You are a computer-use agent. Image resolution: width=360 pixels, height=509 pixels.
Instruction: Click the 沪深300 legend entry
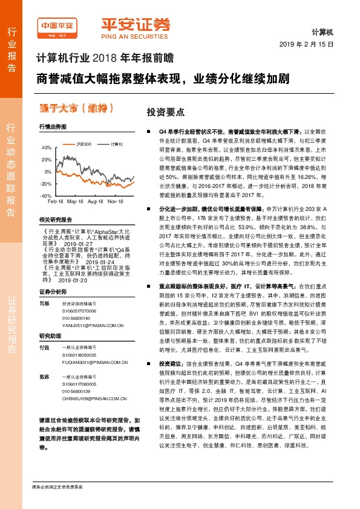tap(83, 144)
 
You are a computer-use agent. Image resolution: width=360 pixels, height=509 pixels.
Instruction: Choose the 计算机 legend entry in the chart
tap(117, 144)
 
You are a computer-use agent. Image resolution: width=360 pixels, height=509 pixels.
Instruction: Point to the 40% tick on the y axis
tap(45, 148)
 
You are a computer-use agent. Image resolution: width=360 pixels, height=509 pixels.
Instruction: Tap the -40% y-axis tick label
tap(45, 196)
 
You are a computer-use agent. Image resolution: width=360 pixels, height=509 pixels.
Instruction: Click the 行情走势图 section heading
tap(51, 127)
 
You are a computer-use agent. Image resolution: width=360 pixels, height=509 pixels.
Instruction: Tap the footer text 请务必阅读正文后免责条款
tap(57, 504)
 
